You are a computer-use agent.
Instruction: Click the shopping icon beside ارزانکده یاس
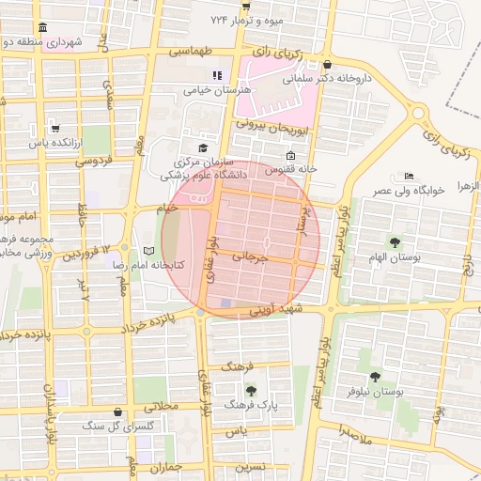[x=55, y=128]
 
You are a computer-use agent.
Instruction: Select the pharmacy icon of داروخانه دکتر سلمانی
[x=327, y=65]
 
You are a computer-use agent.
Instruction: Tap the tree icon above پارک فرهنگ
[x=251, y=389]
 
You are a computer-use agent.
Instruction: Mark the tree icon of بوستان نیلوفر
[x=375, y=377]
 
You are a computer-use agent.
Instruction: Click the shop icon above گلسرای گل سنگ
[x=116, y=411]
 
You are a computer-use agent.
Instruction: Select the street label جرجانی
[x=256, y=256]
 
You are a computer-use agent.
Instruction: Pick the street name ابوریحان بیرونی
[x=266, y=123]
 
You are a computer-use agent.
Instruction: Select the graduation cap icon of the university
[x=202, y=148]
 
